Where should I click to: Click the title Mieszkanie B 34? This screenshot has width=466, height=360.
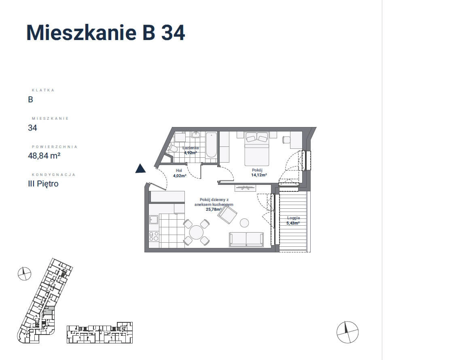106,32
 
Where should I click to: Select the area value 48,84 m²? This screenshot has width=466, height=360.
44,155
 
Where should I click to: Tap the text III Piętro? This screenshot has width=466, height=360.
43,184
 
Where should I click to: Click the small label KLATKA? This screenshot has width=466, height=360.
43,90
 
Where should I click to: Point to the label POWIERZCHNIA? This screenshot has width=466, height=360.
54,147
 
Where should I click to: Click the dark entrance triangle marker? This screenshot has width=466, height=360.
141,169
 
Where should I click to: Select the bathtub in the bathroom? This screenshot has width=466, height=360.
211,145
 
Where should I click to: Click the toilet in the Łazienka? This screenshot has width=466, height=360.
172,148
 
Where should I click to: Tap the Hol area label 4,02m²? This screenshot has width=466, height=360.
180,176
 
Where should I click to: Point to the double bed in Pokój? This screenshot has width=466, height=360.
257,148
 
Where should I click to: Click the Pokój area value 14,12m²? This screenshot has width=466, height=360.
259,175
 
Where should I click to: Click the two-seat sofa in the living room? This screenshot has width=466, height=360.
246,239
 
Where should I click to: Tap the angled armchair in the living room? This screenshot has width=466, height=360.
227,215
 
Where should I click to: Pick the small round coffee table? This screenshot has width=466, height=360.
244,222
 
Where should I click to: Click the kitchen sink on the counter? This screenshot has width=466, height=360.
153,219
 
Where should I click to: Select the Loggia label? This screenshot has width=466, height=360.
293,218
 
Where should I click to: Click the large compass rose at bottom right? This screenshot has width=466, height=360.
347,332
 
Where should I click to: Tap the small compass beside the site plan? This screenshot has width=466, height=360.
24,274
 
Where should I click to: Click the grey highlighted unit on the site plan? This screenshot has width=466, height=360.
49,311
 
